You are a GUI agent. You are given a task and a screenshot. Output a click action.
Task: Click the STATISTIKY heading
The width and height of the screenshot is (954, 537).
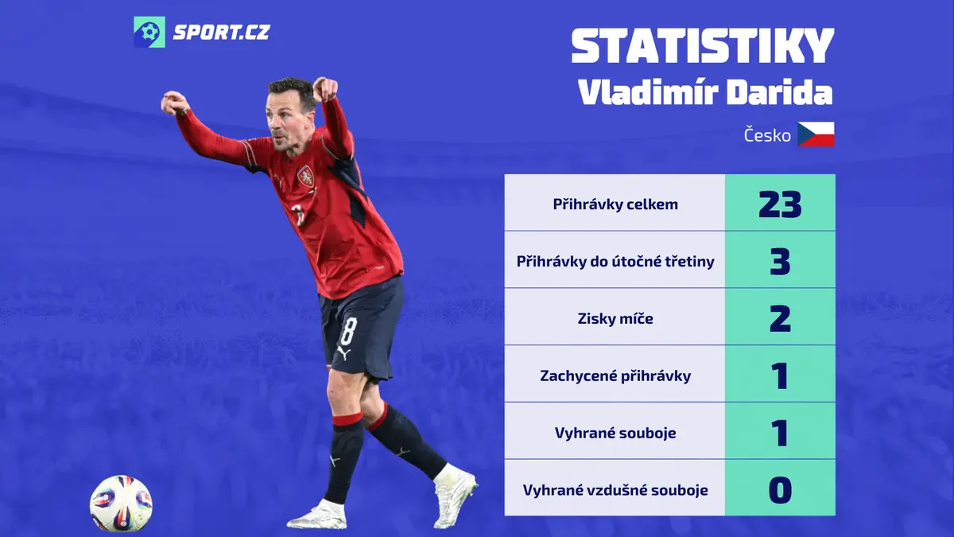[703, 46]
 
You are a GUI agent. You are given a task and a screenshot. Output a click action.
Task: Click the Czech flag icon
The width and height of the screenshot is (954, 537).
[816, 134]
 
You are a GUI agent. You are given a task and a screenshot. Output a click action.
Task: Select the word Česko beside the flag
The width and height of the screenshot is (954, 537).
[767, 135]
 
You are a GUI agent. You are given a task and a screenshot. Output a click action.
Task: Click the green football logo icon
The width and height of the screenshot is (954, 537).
[149, 32]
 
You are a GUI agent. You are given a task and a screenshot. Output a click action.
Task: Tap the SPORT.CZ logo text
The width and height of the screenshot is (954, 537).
[222, 33]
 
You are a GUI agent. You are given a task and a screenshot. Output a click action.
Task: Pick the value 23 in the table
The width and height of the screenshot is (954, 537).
[780, 204]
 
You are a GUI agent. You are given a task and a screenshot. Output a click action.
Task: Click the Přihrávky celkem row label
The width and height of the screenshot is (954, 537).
[615, 204]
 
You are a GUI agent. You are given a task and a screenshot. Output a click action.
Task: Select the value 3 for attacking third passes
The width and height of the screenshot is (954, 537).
[780, 261]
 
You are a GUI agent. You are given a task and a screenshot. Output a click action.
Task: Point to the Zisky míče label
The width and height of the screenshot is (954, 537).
[615, 318]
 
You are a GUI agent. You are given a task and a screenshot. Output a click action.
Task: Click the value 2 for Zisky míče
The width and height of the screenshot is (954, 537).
[780, 318]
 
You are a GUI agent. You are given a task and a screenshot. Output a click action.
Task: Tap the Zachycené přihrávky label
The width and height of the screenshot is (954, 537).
[615, 376]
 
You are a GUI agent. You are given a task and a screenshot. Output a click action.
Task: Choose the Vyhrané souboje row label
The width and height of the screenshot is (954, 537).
[615, 433]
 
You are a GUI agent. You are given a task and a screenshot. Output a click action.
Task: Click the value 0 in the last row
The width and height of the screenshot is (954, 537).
[780, 490]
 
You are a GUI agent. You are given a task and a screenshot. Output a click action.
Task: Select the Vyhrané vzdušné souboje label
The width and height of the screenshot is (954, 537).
[615, 490]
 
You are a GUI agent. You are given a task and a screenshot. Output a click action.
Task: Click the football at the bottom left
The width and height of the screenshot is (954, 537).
[121, 504]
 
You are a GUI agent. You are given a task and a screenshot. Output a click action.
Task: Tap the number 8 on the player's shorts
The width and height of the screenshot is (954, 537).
[348, 332]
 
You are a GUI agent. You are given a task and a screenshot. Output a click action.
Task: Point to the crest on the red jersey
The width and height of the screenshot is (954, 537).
[305, 177]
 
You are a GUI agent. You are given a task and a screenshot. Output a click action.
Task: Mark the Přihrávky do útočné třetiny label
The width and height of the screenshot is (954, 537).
[615, 262]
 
